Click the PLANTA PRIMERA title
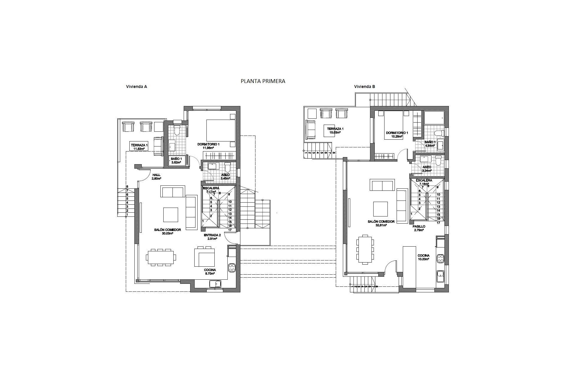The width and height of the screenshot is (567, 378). click(x=263, y=81)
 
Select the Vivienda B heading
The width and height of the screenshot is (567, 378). click(x=364, y=87)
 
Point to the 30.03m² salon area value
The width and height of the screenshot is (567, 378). click(x=167, y=233)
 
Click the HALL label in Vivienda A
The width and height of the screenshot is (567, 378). click(x=157, y=175)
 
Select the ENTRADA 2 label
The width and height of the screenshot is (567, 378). click(x=212, y=235)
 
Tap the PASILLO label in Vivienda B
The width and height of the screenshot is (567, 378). click(x=419, y=227)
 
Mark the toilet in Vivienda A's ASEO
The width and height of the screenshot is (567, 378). click(x=227, y=168)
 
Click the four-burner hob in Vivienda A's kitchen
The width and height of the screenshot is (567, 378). click(x=232, y=268)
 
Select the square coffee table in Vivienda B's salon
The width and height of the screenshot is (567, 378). click(x=380, y=209)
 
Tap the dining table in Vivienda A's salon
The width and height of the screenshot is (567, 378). click(x=161, y=257)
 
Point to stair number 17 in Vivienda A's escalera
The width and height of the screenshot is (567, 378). click(x=229, y=229)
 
